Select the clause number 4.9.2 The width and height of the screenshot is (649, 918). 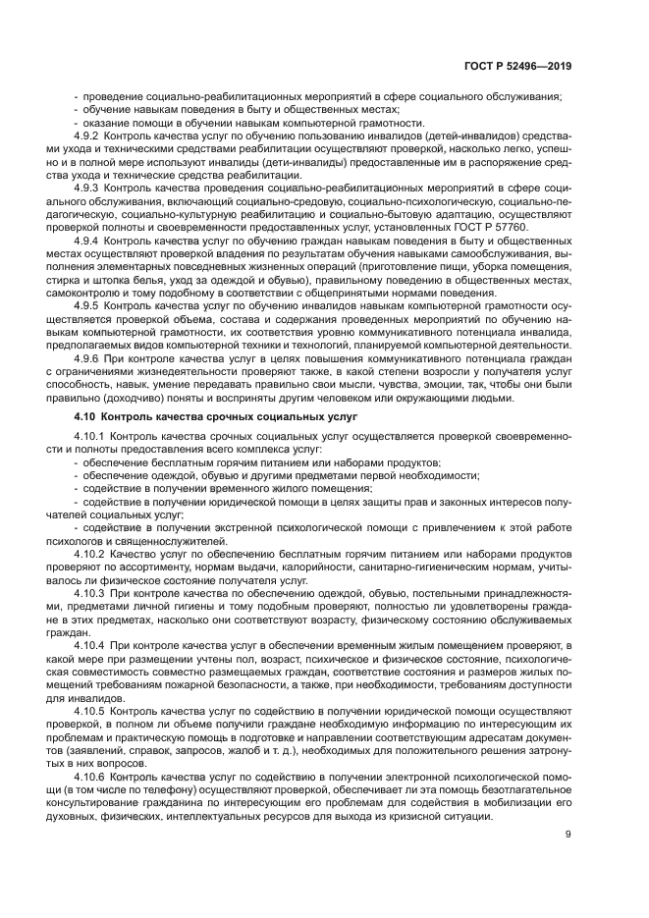point(88,136)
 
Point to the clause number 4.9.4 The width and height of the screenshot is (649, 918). point(88,240)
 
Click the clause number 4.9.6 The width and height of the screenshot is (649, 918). point(88,359)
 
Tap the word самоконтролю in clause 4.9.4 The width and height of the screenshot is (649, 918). point(110,292)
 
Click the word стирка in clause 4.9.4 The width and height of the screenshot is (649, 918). point(86,279)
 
